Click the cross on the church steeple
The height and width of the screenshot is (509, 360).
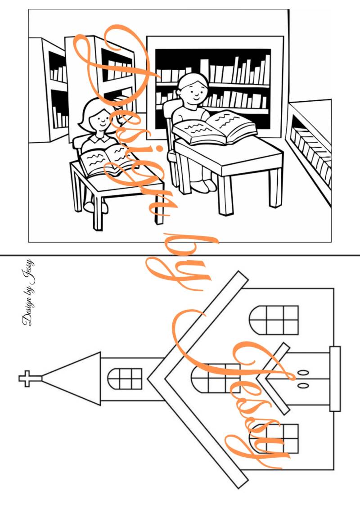[x=27, y=378]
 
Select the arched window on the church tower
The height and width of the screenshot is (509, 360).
[x=125, y=378]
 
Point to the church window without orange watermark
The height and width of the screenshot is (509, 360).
[x=274, y=320]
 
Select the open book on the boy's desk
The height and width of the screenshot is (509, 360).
[x=214, y=127]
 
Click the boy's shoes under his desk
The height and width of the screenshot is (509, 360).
[x=203, y=186]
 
